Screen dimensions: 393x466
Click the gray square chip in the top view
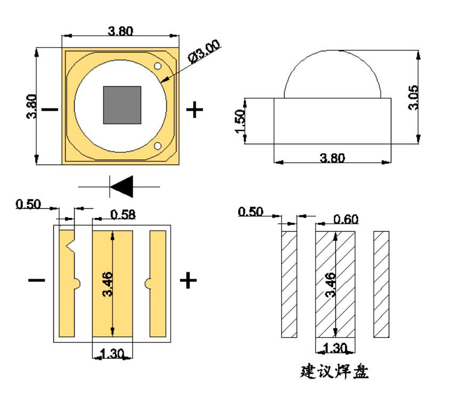122,104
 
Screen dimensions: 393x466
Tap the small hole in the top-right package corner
158,66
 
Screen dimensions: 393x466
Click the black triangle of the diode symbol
122,187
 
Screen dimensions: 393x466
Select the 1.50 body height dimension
240,121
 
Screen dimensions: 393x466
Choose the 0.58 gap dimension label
123,215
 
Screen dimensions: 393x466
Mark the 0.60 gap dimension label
346,219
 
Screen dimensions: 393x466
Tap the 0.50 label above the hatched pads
250,212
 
